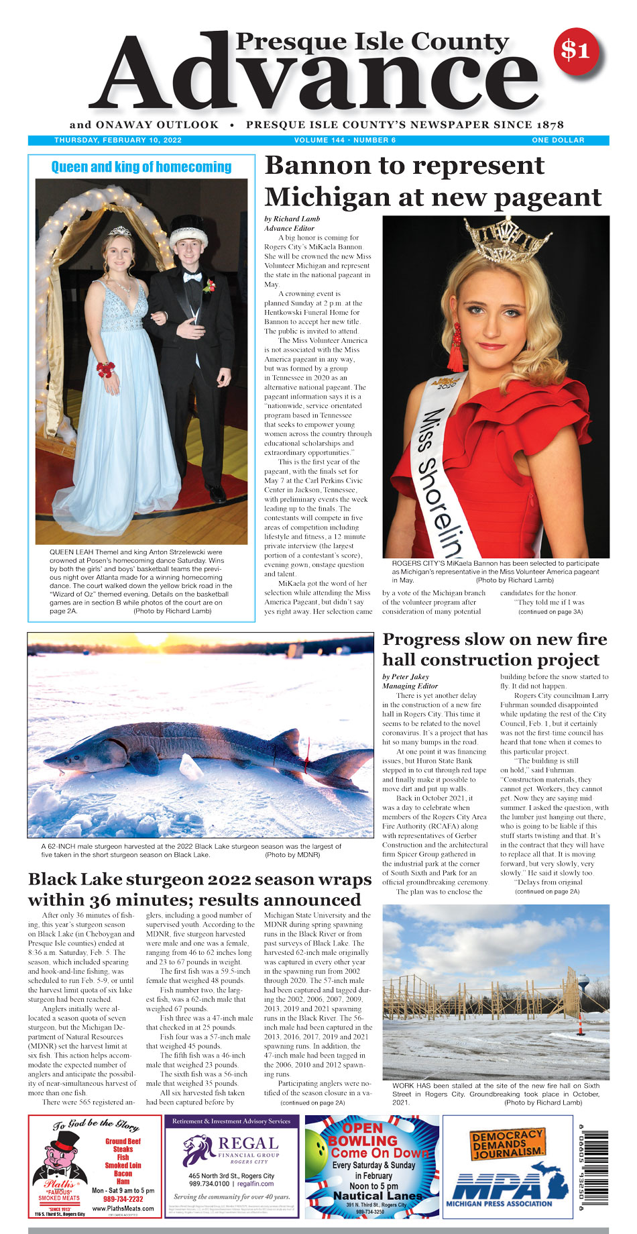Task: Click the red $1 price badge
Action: (x=575, y=50)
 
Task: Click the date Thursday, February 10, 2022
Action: (x=118, y=140)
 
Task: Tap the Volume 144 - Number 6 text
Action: (x=345, y=140)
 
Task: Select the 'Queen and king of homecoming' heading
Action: (x=141, y=167)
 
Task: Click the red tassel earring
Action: (x=455, y=347)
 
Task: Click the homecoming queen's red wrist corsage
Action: (x=105, y=369)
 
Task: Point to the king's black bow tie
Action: (x=194, y=276)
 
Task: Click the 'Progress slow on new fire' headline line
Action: (x=494, y=639)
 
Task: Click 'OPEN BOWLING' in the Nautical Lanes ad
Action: (x=362, y=1135)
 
